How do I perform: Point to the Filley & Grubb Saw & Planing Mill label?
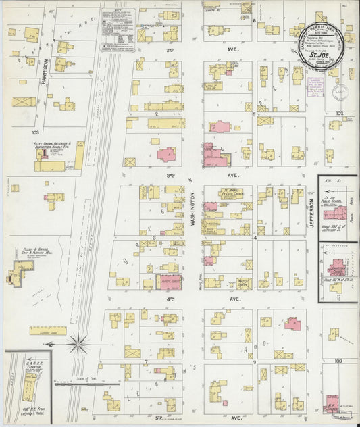pos(24,253)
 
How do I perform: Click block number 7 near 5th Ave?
pos(145,362)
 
